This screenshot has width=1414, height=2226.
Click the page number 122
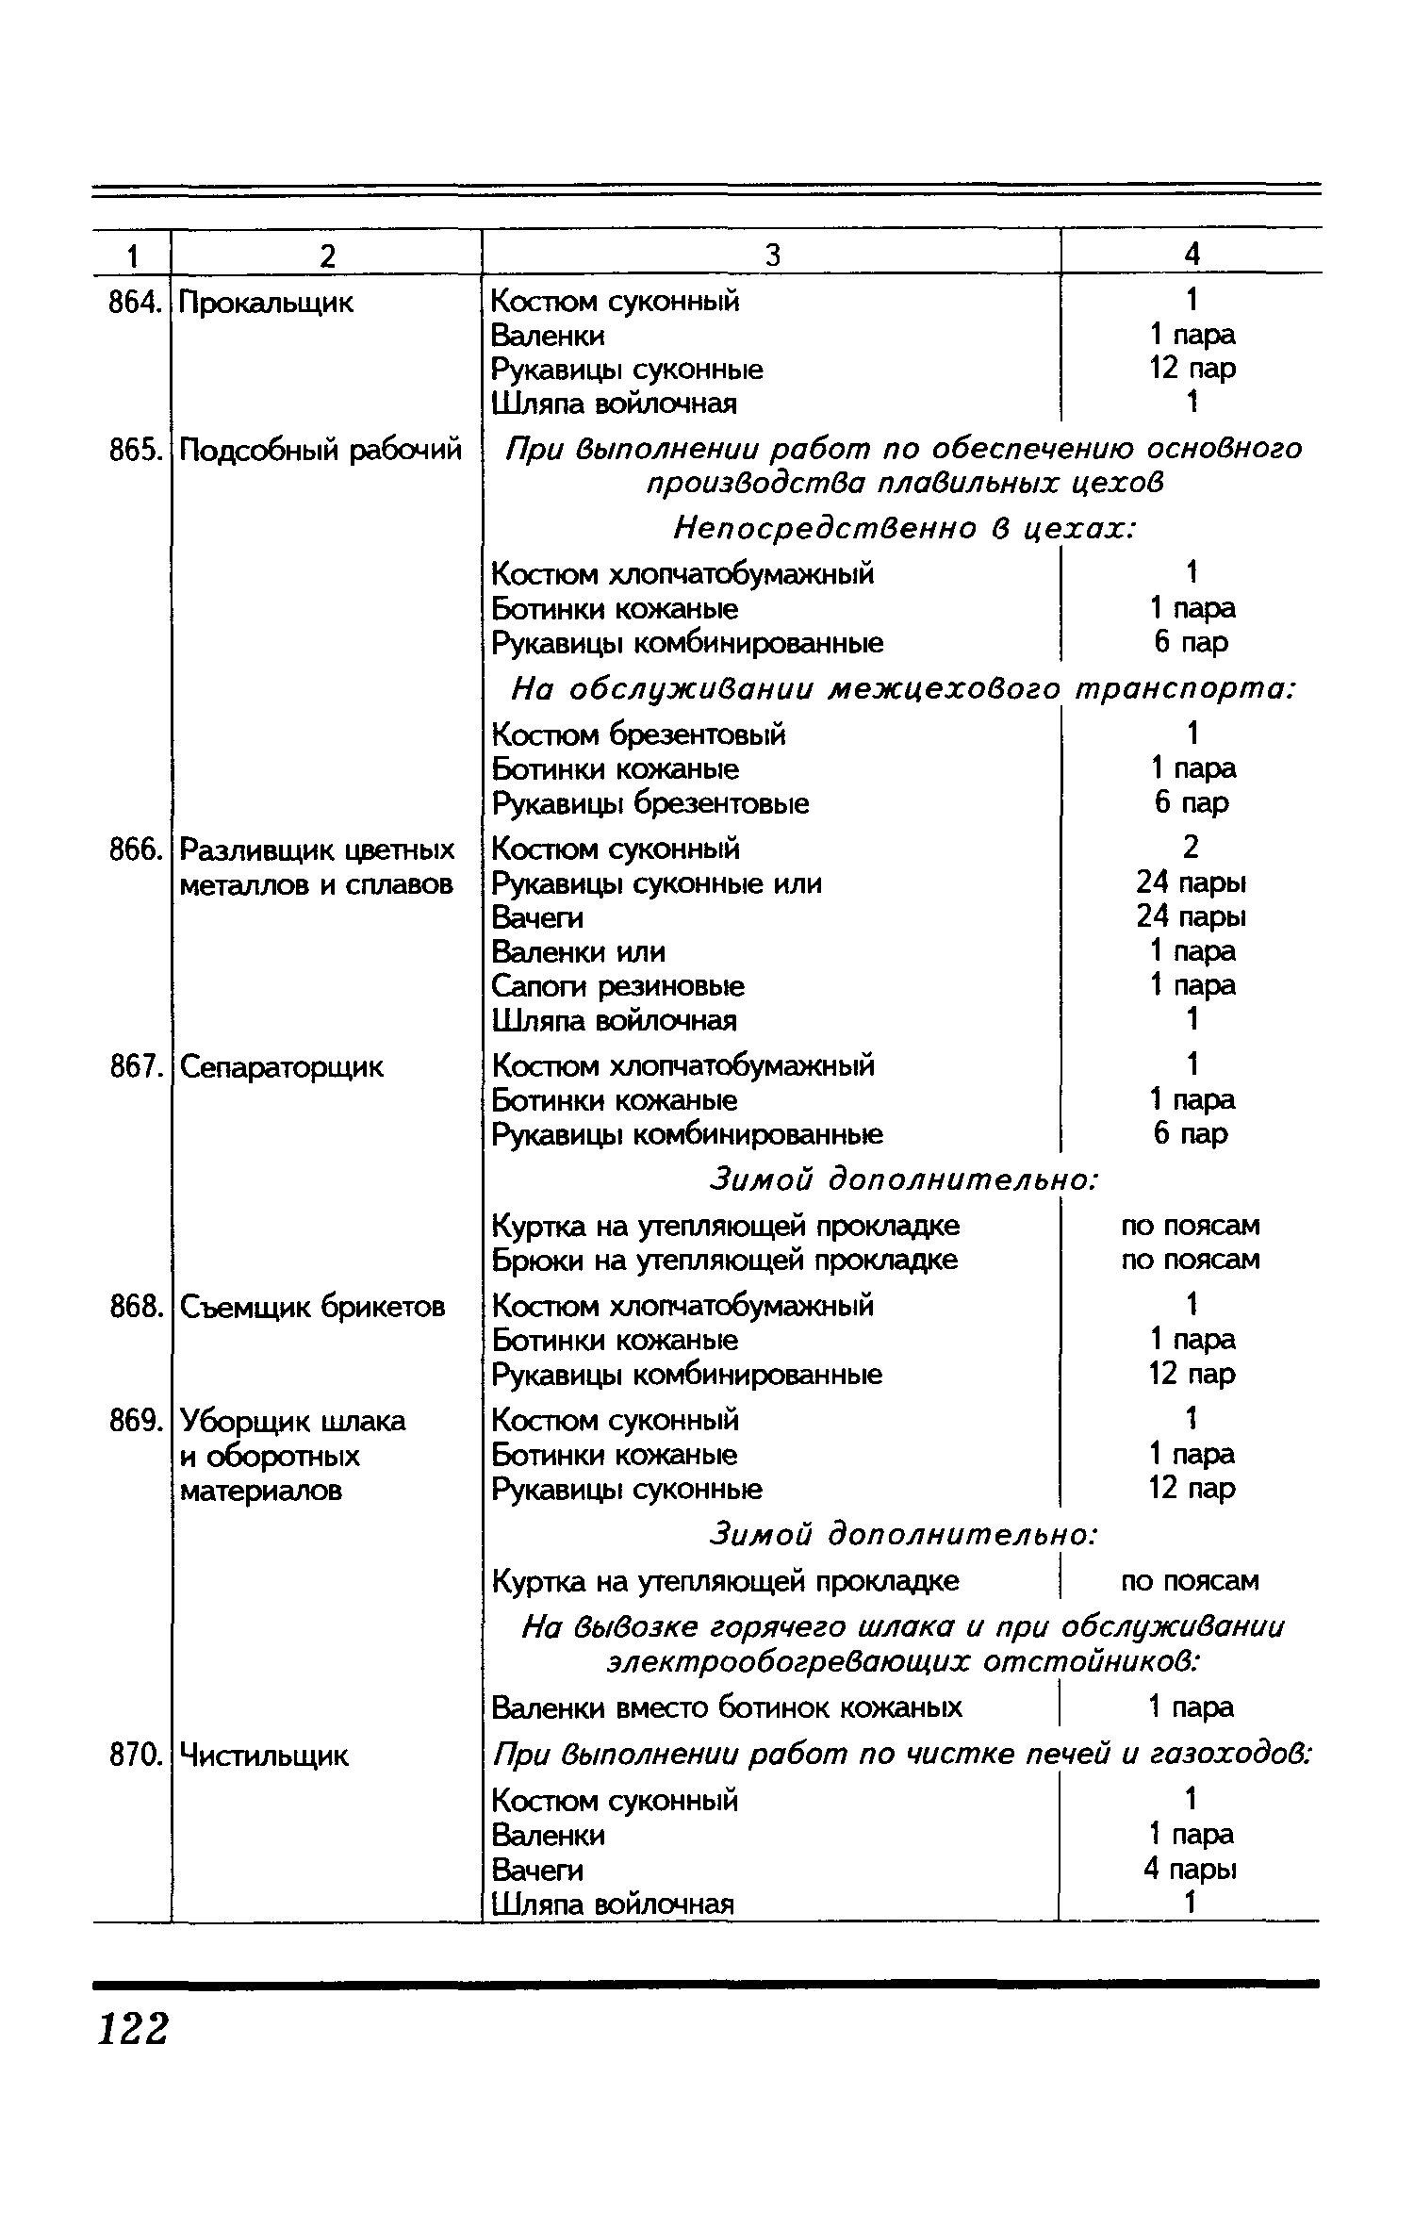(x=133, y=2027)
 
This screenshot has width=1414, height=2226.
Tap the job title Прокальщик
(x=266, y=304)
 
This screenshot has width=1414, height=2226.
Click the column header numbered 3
(x=772, y=256)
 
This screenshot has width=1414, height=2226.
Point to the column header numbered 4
(x=1192, y=254)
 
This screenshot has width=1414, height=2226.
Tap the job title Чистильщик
(x=264, y=1756)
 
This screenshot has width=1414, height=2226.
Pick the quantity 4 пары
(x=1191, y=1869)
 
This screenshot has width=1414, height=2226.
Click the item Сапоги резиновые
(x=618, y=986)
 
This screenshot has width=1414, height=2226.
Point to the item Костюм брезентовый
(x=639, y=734)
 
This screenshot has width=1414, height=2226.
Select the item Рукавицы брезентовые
(x=650, y=803)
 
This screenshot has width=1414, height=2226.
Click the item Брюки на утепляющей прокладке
(x=725, y=1260)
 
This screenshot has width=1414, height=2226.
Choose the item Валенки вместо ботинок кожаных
(x=727, y=1707)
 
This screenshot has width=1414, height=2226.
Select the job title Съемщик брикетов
(x=312, y=1307)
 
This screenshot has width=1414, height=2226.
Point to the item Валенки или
(x=579, y=951)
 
